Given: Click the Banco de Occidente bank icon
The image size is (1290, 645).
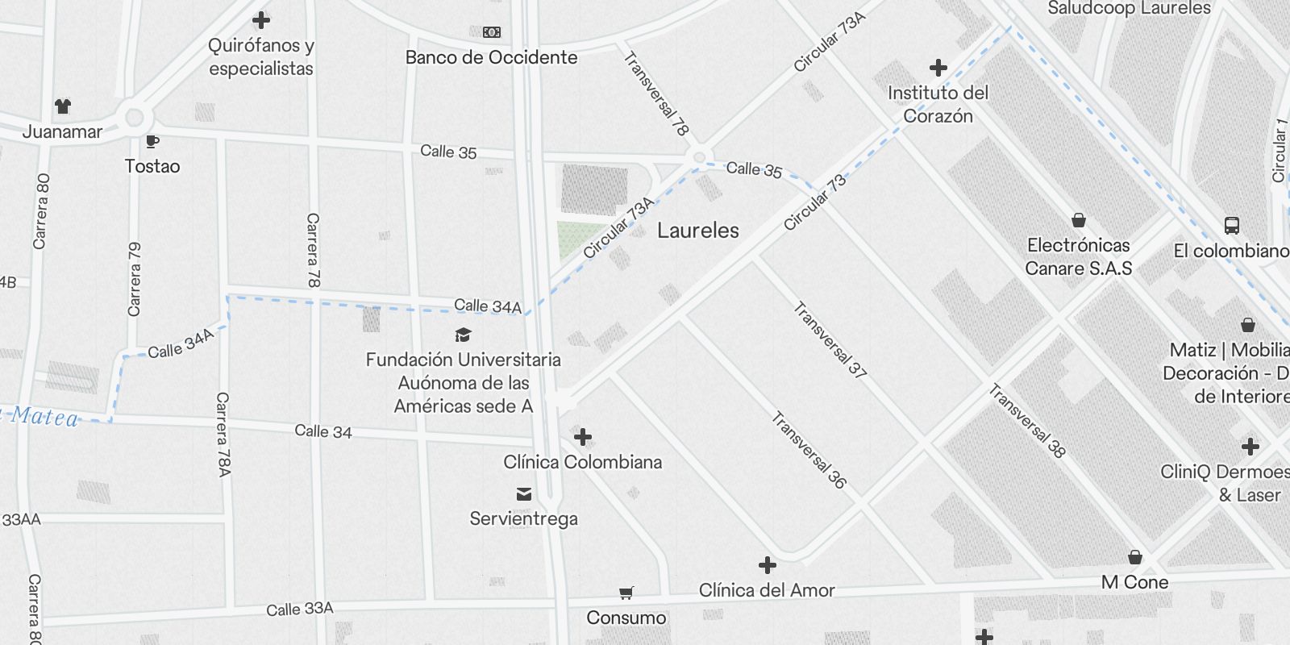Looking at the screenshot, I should tap(492, 32).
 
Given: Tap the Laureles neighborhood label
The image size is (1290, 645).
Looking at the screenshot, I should tap(697, 231).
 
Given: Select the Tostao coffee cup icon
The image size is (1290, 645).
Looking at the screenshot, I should tap(152, 142).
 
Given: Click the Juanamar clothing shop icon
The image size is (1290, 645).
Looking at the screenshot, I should tap(63, 106).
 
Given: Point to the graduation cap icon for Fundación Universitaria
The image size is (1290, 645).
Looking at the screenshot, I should tap(463, 335).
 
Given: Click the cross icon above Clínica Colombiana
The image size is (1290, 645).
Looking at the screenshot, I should tap(582, 437).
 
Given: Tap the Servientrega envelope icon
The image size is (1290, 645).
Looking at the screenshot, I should tap(524, 493).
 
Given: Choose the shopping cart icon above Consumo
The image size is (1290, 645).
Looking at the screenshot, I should tap(626, 593).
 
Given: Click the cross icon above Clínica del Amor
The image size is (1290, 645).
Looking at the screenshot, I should tap(767, 564).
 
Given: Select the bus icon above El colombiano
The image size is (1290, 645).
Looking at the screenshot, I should tap(1231, 226).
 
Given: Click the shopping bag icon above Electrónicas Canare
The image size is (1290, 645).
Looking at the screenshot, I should tap(1078, 220).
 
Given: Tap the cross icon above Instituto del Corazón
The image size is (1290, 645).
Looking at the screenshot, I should tap(938, 68).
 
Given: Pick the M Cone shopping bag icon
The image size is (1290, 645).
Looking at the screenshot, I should tap(1134, 557).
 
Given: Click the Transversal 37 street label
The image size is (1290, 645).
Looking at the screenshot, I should tap(830, 340).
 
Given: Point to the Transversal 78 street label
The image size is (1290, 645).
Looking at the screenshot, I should tap(657, 94).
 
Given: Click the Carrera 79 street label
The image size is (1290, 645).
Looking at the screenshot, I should tap(135, 279).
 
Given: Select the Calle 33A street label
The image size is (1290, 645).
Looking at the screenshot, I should tap(300, 610).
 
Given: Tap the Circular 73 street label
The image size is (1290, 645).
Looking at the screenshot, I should tap(815, 202).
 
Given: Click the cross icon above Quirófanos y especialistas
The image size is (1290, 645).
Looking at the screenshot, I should tap(261, 20).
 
